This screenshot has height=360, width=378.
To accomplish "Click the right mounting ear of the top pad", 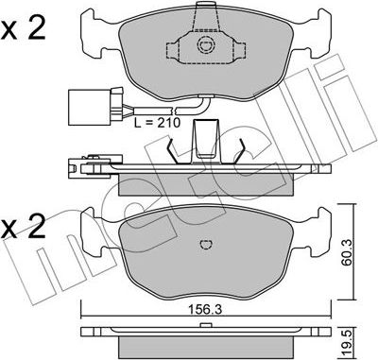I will [x=308, y=41].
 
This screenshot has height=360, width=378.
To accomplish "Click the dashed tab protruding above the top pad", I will [x=202, y=13].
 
